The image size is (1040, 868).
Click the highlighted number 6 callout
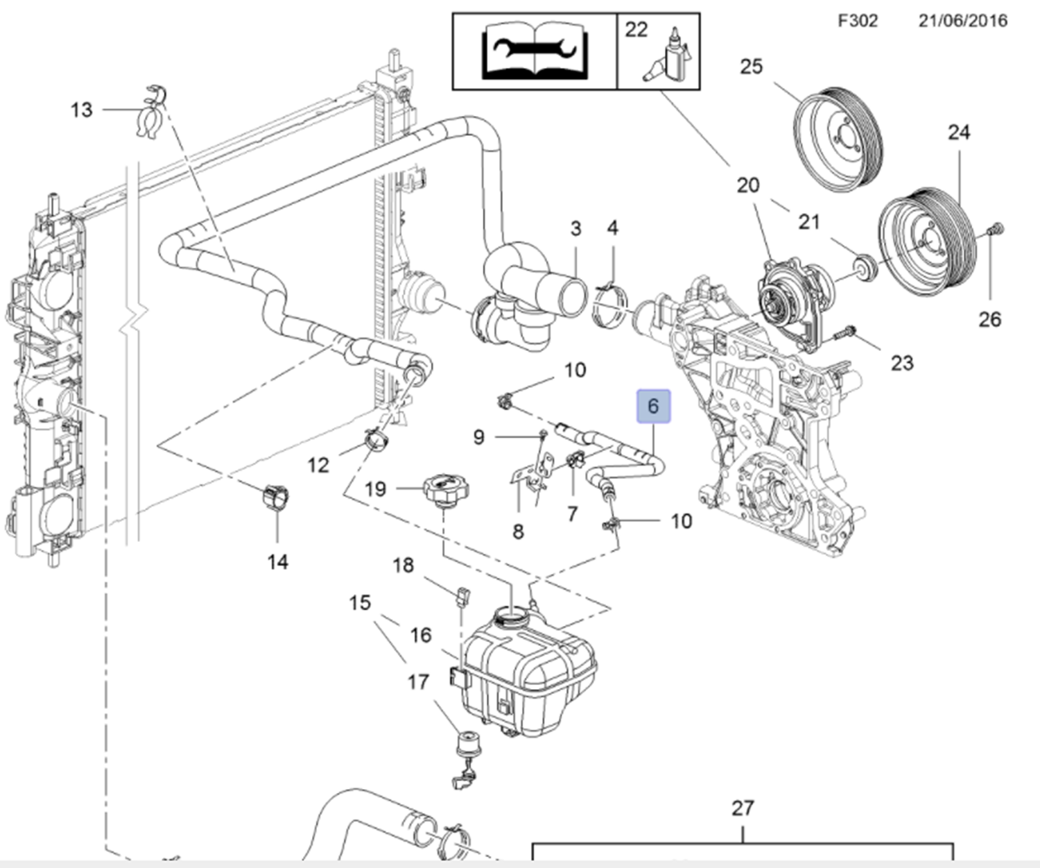click(653, 406)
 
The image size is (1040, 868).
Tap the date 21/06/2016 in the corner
click(962, 20)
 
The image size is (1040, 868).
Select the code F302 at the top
click(858, 20)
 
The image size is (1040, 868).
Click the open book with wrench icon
click(534, 51)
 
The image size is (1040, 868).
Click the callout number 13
click(81, 110)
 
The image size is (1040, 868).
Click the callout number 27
click(742, 808)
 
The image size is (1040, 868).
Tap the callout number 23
click(901, 362)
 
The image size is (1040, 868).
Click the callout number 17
click(418, 682)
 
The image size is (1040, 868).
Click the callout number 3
click(575, 228)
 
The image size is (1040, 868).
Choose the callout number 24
click(959, 132)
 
